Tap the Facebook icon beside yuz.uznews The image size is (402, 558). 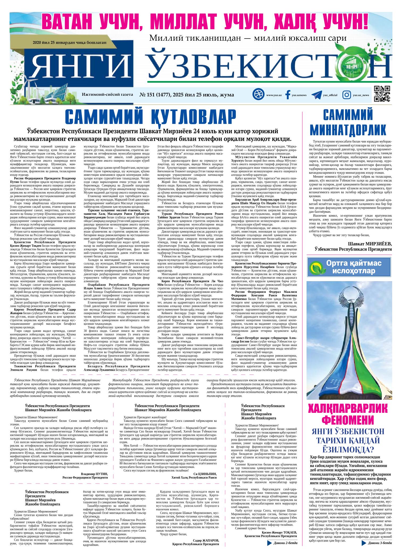coord(287,95)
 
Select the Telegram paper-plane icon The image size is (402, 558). coord(316,95)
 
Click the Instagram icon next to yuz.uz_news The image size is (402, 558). coord(346,95)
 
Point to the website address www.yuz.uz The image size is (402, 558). coord(274,95)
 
